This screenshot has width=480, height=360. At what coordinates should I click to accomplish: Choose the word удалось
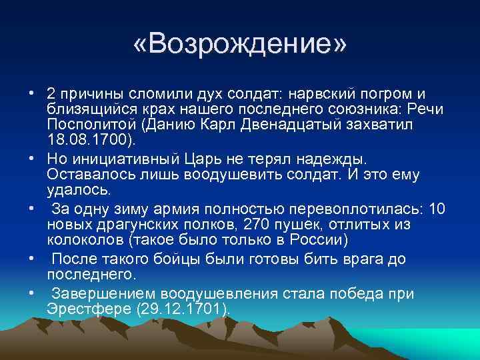[x=76, y=191]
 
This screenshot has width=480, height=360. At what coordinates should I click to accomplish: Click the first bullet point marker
[x=32, y=93]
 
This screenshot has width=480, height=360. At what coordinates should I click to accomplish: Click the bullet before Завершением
[x=32, y=293]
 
